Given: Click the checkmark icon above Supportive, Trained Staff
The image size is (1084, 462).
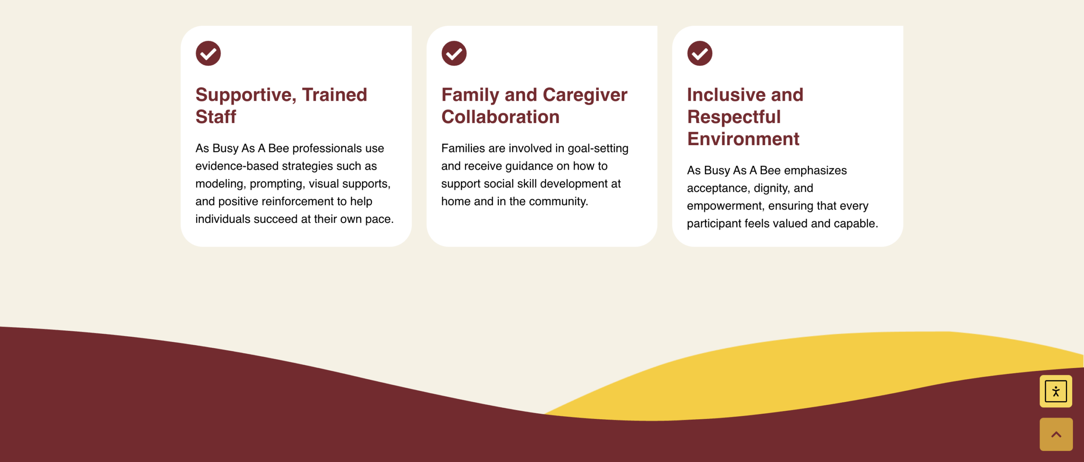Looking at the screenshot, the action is pyautogui.click(x=208, y=53).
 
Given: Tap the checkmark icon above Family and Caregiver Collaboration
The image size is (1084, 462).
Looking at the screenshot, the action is pyautogui.click(x=454, y=53).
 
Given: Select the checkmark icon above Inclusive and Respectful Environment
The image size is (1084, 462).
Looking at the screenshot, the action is pyautogui.click(x=700, y=53).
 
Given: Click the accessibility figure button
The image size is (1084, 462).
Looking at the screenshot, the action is pyautogui.click(x=1056, y=391).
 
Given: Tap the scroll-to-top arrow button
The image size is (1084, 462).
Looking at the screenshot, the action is pyautogui.click(x=1056, y=434).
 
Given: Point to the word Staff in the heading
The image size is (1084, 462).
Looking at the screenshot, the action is pyautogui.click(x=216, y=117).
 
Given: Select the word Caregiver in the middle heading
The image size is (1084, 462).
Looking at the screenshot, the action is pyautogui.click(x=585, y=95).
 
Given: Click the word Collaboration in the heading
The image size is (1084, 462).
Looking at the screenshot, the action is pyautogui.click(x=501, y=117).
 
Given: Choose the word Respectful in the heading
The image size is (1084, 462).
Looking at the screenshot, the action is pyautogui.click(x=734, y=117).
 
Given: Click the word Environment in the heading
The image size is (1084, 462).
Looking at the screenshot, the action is pyautogui.click(x=743, y=139).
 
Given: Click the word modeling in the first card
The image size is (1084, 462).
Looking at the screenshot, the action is pyautogui.click(x=221, y=184).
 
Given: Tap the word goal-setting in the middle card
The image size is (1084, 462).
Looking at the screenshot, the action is pyautogui.click(x=598, y=148).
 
